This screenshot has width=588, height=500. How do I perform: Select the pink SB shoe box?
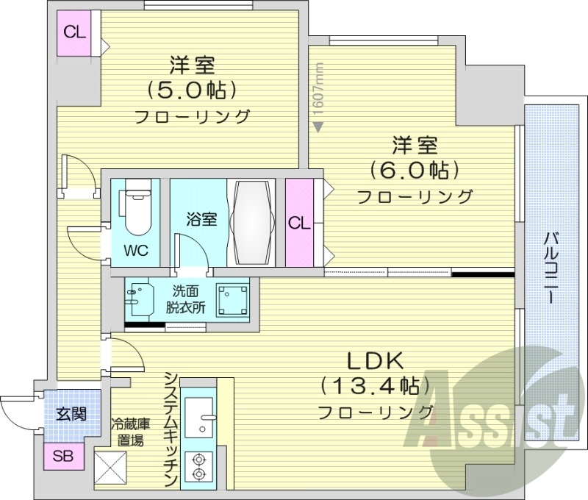coord(62,456)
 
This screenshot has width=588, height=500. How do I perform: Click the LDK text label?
coord(375,360)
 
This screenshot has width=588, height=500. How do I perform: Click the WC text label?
coord(135,250)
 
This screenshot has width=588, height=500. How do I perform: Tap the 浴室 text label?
coord(201,218)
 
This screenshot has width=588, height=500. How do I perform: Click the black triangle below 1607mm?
coord(318,126)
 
